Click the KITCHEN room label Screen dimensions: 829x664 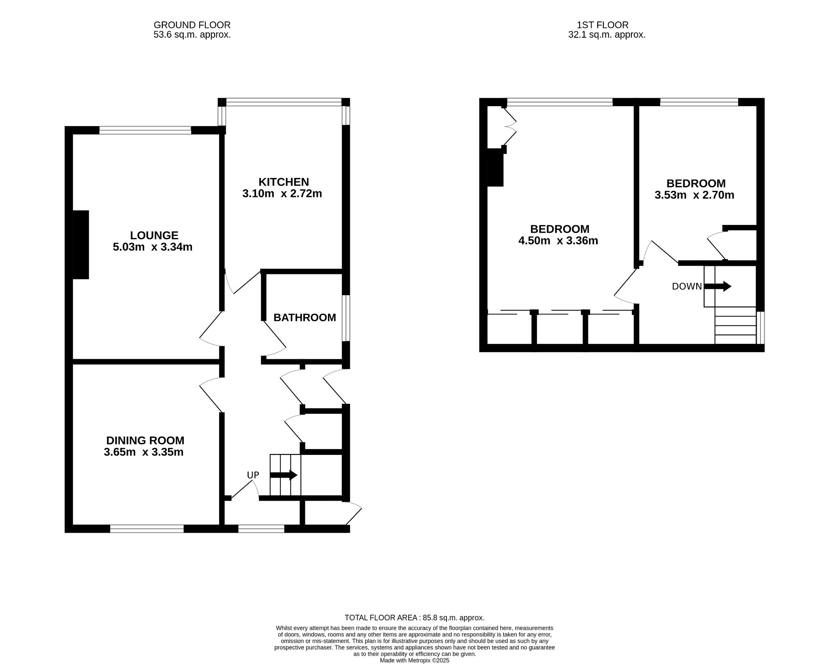pos(283,182)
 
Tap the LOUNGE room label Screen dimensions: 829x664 pos(154,235)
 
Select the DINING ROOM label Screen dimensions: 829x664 pos(145,440)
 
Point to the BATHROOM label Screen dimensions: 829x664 pos(305,317)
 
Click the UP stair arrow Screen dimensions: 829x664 pos(284,475)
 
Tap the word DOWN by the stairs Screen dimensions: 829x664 pos(687,287)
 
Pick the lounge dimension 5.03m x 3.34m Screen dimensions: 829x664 pos(152,247)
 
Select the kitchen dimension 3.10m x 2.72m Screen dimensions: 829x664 pos(282,194)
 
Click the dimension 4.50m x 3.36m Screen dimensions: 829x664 pos(558,241)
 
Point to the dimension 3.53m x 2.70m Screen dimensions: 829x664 pos(694,195)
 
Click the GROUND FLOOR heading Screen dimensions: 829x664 pos(192,25)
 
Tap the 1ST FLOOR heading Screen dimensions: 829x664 pos(603,25)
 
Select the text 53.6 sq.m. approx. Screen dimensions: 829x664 pos(192,35)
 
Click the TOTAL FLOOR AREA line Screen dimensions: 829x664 pos(414,618)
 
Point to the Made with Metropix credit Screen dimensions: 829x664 pos(414,660)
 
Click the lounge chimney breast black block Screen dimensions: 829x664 pos(81,244)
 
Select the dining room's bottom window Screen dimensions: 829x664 pos(147,529)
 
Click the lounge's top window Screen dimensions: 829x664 pos(145,130)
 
